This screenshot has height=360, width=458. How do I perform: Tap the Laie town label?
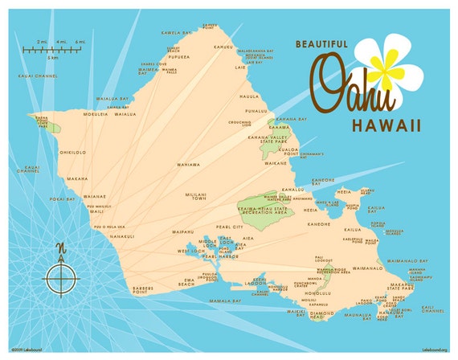[239, 67]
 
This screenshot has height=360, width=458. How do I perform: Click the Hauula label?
[249, 96]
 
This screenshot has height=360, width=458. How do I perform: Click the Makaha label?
[77, 178]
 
